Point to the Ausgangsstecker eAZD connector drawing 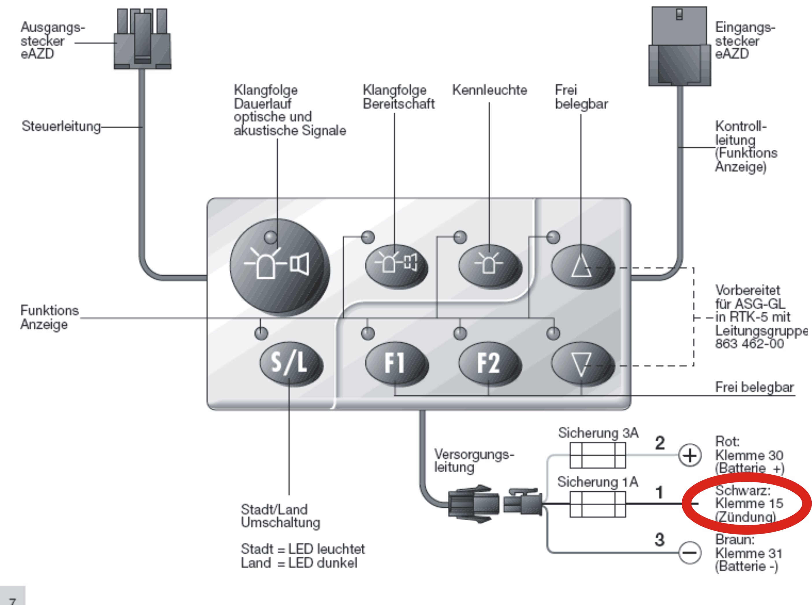pyautogui.click(x=142, y=38)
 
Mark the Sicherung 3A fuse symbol pyautogui.click(x=598, y=455)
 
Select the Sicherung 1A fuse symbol pyautogui.click(x=598, y=504)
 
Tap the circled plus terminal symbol pyautogui.click(x=690, y=456)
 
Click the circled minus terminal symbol pyautogui.click(x=690, y=552)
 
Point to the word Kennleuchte pyautogui.click(x=489, y=90)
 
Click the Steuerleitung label pyautogui.click(x=61, y=126)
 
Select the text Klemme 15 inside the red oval pyautogui.click(x=749, y=504)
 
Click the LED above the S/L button pyautogui.click(x=261, y=333)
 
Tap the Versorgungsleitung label pyautogui.click(x=474, y=461)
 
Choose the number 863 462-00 pyautogui.click(x=749, y=344)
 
